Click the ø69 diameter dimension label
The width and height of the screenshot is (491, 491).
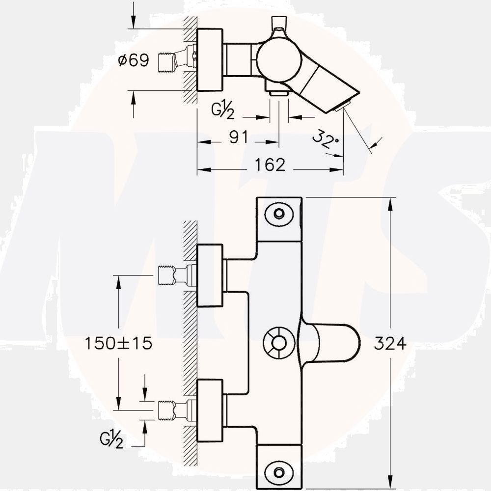click(x=134, y=60)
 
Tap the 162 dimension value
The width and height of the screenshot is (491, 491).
click(x=270, y=165)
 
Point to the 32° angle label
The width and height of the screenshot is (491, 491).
click(x=326, y=139)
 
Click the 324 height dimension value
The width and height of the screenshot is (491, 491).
click(x=390, y=344)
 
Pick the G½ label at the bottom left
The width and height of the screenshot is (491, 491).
click(x=111, y=440)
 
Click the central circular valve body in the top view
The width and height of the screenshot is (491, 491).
click(x=279, y=59)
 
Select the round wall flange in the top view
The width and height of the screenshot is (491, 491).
click(x=210, y=59)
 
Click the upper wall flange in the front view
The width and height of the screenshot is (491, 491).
click(x=210, y=275)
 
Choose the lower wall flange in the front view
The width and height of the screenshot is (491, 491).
click(x=210, y=410)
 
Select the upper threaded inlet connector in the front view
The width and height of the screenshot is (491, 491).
click(x=174, y=275)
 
